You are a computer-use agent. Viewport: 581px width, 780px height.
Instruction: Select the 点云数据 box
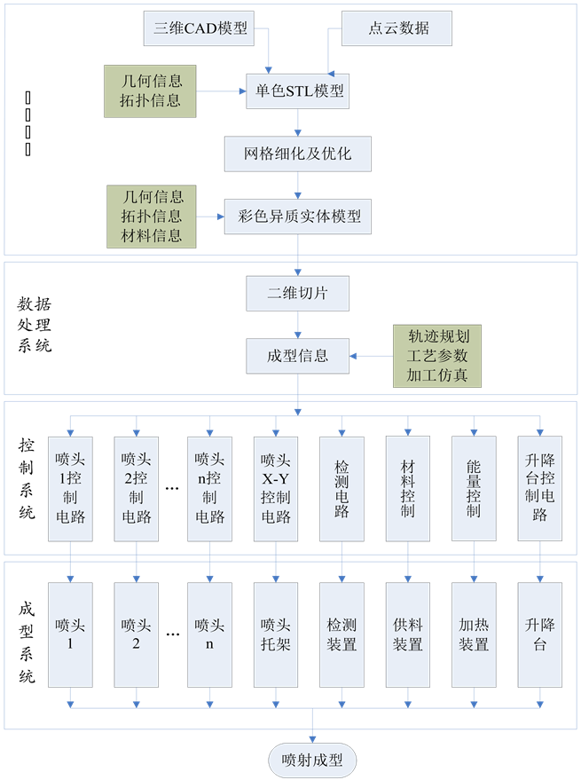pyautogui.click(x=397, y=28)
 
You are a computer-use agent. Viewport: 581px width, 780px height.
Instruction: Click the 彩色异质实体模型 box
pyautogui.click(x=299, y=216)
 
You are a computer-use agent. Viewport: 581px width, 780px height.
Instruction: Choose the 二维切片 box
pyautogui.click(x=298, y=292)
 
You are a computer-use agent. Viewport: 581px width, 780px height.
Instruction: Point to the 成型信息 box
pyautogui.click(x=298, y=355)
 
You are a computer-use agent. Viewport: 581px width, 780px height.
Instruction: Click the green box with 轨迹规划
pyautogui.click(x=437, y=355)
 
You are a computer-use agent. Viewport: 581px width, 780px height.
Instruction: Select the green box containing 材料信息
pyautogui.click(x=151, y=216)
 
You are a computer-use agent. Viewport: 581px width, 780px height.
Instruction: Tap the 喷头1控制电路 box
pyautogui.click(x=71, y=487)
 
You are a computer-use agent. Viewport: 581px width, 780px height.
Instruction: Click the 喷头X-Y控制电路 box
pyautogui.click(x=275, y=487)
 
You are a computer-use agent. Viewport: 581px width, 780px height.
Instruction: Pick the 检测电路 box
pyautogui.click(x=342, y=487)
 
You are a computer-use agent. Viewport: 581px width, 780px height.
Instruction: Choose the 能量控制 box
pyautogui.click(x=474, y=487)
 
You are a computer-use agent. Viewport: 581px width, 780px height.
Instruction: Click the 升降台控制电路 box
pyautogui.click(x=540, y=487)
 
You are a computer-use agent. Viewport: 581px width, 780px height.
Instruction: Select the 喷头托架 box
pyautogui.click(x=275, y=634)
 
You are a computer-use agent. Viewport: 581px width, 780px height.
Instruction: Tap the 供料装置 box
pyautogui.click(x=408, y=634)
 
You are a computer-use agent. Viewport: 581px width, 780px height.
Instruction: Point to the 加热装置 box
pyautogui.click(x=474, y=634)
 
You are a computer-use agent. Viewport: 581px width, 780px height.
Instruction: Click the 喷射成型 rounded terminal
pyautogui.click(x=312, y=760)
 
